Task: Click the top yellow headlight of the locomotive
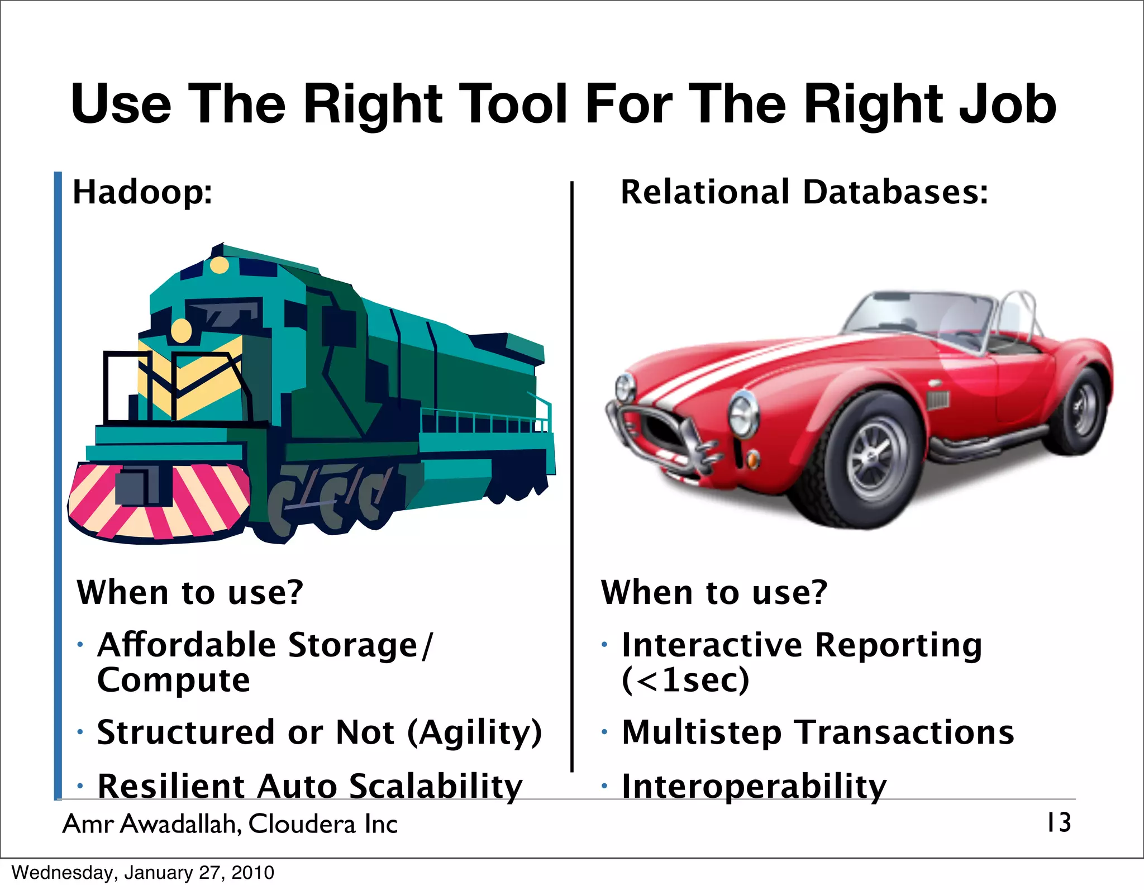pos(220,265)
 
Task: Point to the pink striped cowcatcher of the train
pos(159,500)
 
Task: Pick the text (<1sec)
pos(685,680)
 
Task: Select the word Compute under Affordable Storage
pos(173,680)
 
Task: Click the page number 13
pos(1059,822)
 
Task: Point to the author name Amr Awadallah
pos(151,824)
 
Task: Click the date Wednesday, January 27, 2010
pos(143,873)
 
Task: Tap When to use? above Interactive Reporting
pos(713,592)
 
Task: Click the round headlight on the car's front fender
pos(743,414)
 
